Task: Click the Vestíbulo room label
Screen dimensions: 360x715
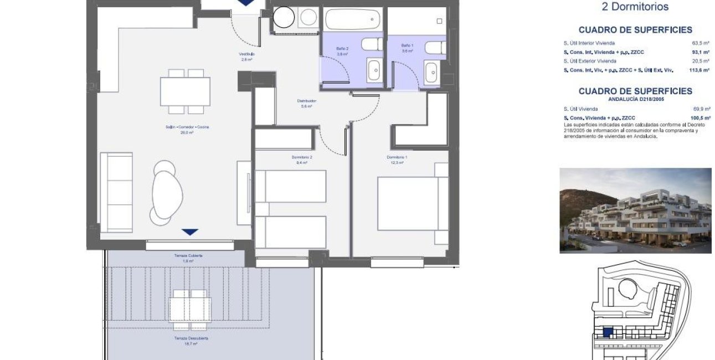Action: tap(246, 54)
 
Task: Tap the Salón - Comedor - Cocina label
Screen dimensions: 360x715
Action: tap(187, 127)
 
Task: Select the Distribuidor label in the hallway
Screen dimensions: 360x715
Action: tap(306, 101)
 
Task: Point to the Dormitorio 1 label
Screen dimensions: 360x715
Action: tap(397, 158)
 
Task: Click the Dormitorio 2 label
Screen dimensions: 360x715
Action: tap(302, 158)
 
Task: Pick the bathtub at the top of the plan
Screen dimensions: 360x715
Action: tap(353, 19)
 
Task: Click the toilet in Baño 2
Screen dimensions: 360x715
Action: tap(370, 44)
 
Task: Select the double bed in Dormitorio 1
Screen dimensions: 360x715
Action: tap(413, 203)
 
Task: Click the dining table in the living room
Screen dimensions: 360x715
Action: tap(185, 91)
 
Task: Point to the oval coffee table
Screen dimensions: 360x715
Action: tap(167, 190)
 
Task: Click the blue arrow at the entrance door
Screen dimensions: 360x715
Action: tap(244, 3)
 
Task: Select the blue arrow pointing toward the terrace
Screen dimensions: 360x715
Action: tap(190, 232)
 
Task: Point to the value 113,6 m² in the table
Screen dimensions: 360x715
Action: tap(701, 70)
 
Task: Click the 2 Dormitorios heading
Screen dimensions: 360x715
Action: tap(635, 7)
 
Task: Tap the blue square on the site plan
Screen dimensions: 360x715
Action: tap(608, 333)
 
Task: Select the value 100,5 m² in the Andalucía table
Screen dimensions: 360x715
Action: tap(701, 118)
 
